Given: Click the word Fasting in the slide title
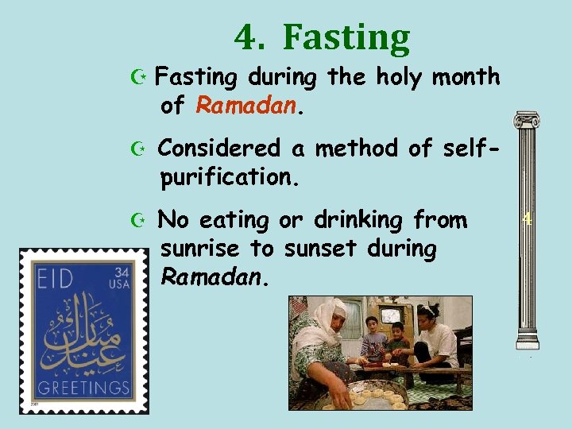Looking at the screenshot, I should coord(346,37).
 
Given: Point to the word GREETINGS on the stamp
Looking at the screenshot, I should coord(83,388).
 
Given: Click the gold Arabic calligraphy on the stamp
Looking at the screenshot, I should coord(83,334).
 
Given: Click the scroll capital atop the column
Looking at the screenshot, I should coord(526,120).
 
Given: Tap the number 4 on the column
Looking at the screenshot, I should coord(526,219).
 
